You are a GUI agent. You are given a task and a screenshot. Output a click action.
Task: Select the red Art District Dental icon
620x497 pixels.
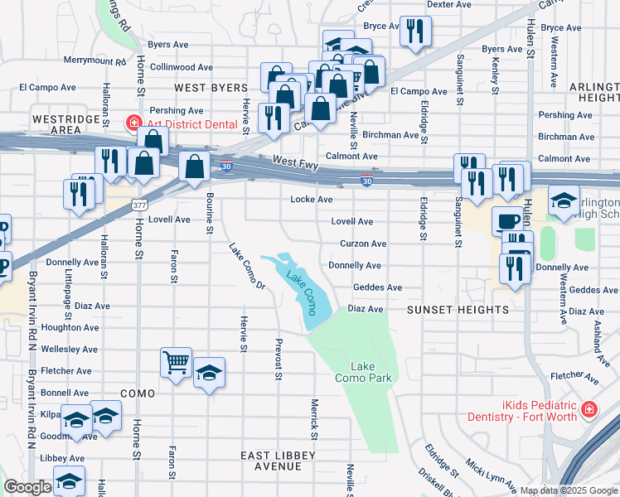133,124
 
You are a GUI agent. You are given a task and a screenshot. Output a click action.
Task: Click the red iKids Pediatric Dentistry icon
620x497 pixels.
589,410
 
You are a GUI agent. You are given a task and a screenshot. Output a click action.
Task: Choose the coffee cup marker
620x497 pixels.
507,221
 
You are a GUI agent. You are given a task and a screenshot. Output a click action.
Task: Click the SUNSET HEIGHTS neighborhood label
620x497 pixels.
457,310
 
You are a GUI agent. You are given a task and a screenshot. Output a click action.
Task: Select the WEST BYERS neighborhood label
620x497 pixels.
211,88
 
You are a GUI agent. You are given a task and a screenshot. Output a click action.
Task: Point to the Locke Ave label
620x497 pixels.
312,200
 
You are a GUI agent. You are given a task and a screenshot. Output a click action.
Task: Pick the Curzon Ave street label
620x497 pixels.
363,244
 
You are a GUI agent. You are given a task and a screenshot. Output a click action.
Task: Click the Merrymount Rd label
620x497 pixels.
94,61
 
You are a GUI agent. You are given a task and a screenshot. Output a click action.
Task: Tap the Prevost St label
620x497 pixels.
279,360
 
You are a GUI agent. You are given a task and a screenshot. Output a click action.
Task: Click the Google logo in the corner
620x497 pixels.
27,487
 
